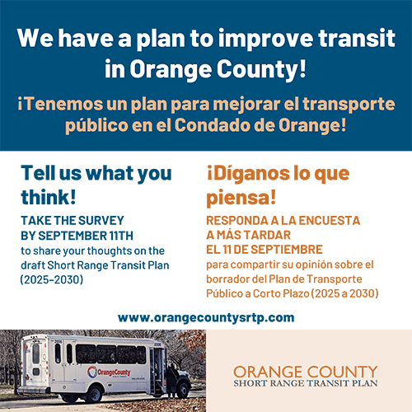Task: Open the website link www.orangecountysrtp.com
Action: tap(206, 317)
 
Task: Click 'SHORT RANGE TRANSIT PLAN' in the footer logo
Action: tap(305, 384)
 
